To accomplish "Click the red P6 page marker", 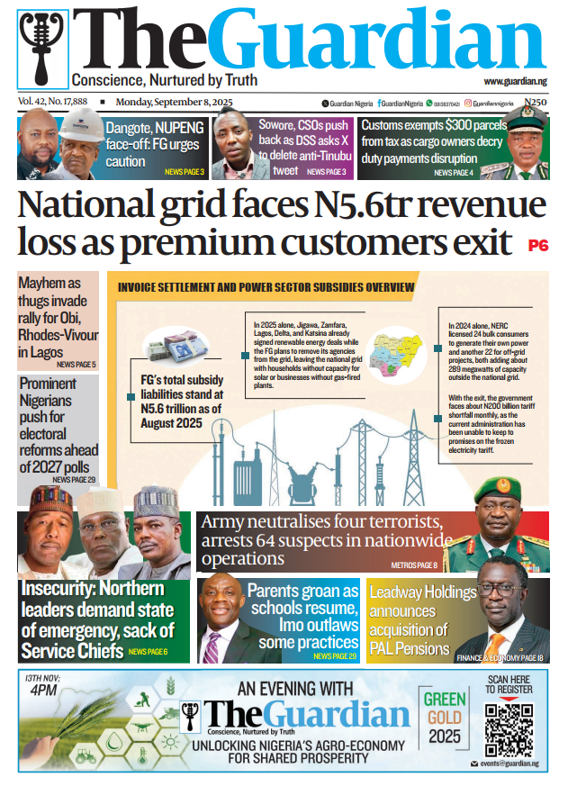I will click(537, 244).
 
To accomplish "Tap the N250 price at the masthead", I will click(536, 104).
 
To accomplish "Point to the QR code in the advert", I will click(509, 726).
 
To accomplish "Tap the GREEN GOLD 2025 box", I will click(445, 724).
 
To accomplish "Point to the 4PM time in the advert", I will click(41, 691).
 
